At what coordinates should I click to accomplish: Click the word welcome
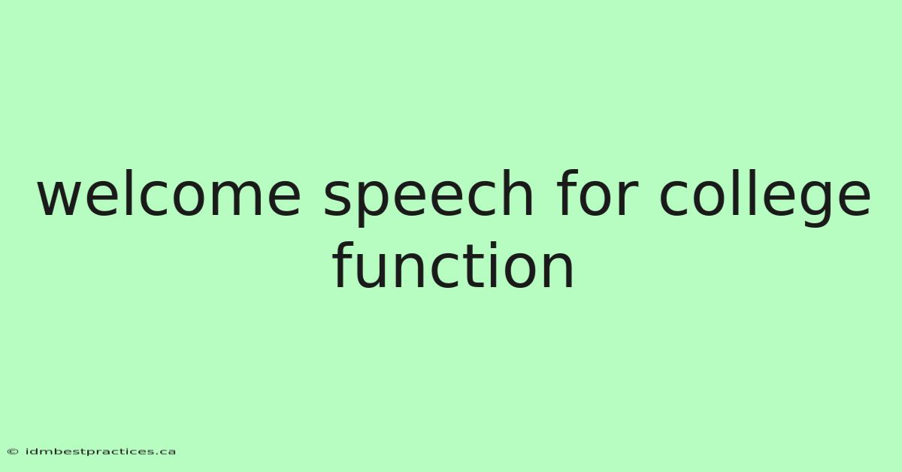[x=169, y=192]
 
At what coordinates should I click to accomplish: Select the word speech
[x=429, y=198]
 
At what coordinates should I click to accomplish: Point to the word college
[x=765, y=198]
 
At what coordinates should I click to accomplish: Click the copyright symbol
[x=13, y=452]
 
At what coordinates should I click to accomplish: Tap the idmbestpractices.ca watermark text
[x=100, y=452]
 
